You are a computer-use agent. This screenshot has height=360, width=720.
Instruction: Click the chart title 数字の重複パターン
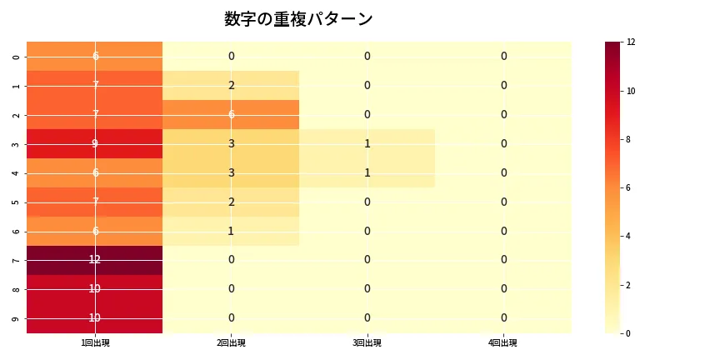point(298,19)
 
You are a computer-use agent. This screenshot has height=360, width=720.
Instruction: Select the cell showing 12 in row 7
point(95,260)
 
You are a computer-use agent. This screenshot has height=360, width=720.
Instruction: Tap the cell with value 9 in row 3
point(95,143)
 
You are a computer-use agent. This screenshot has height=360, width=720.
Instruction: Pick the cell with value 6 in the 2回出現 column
point(231,114)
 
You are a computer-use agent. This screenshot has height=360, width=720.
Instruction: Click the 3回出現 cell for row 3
point(367,143)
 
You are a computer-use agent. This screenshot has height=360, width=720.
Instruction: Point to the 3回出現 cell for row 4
point(367,172)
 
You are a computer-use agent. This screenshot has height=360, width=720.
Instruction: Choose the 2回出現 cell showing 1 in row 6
point(231,231)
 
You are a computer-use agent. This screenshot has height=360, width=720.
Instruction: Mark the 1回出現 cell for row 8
point(95,289)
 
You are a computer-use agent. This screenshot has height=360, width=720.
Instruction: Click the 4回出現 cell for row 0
point(503,56)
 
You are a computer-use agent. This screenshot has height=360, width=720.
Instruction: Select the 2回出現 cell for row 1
point(231,85)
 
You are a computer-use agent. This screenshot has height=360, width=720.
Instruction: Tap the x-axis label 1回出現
point(95,342)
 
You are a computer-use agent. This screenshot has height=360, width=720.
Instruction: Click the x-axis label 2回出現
point(231,342)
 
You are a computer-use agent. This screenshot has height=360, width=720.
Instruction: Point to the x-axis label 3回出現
point(367,342)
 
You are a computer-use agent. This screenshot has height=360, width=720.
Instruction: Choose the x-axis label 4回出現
point(503,342)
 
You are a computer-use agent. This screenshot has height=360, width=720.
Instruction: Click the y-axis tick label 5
point(17,202)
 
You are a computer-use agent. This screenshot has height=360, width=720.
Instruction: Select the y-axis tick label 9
point(17,318)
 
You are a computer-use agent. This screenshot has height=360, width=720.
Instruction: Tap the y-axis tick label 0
point(17,56)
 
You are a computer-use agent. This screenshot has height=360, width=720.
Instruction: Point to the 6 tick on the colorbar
point(630,187)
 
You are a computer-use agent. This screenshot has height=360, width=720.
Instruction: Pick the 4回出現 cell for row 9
point(503,318)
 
